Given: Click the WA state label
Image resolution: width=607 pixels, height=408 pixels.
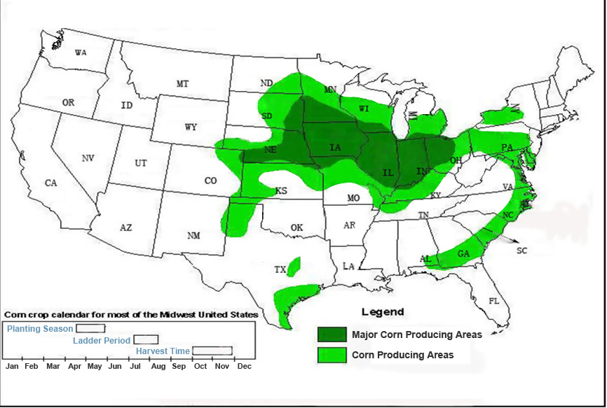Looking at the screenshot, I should click(81, 53).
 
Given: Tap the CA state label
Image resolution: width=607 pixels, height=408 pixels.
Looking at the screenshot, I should click(50, 183).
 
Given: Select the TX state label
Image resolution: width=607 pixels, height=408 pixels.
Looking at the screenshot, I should click(280, 269).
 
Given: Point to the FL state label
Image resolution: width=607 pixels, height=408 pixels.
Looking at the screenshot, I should click(493, 301).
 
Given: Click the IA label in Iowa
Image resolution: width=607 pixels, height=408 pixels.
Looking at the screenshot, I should click(335, 147).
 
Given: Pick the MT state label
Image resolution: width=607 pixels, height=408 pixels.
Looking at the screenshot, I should click(182, 84).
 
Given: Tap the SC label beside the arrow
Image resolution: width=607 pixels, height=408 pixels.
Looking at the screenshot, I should click(521, 251).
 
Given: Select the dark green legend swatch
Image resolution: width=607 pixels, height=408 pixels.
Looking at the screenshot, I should click(332, 334).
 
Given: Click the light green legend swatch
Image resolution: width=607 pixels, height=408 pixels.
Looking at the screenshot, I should click(332, 355).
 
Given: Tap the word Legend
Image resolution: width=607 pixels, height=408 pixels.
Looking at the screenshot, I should click(382, 312).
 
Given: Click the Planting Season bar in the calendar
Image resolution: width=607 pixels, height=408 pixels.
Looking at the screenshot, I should click(90, 328).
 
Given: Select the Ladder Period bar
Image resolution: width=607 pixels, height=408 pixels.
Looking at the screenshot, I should click(146, 339).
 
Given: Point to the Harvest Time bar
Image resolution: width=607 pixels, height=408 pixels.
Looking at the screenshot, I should click(212, 351).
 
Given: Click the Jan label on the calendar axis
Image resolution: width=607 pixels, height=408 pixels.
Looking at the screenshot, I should click(12, 366).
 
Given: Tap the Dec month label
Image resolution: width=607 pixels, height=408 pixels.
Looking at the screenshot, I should click(244, 366).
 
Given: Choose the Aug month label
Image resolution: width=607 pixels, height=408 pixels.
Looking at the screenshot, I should click(158, 366).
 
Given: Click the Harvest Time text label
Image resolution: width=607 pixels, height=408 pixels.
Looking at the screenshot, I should click(163, 351).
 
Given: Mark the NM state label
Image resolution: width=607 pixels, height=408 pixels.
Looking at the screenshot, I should click(193, 236).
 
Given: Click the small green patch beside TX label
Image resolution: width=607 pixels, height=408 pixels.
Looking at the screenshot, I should click(294, 267).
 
